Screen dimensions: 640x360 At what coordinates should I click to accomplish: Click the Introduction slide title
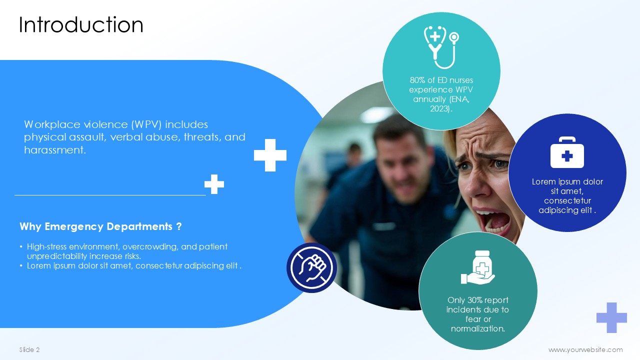tap(81, 25)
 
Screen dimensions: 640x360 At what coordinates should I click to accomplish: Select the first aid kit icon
tap(567, 152)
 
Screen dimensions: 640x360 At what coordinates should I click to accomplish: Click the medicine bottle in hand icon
tap(477, 267)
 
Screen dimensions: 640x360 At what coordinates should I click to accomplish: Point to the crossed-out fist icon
tap(311, 267)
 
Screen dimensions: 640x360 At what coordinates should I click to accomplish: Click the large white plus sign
tap(270, 155)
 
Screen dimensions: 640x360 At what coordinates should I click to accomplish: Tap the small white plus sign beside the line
tap(214, 184)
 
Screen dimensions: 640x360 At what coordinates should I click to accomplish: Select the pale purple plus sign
tap(611, 317)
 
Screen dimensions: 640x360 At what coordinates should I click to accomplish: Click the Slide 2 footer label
tap(29, 349)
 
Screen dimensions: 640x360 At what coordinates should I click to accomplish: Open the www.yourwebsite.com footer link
tap(585, 349)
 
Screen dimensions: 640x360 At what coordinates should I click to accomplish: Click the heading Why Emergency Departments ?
tap(100, 226)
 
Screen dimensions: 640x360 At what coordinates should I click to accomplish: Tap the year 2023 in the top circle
tap(439, 109)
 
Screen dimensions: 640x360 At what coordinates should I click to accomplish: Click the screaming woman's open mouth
tap(492, 221)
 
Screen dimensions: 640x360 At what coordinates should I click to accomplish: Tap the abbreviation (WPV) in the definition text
tap(146, 124)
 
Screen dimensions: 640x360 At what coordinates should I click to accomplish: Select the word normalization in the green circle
tap(477, 329)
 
